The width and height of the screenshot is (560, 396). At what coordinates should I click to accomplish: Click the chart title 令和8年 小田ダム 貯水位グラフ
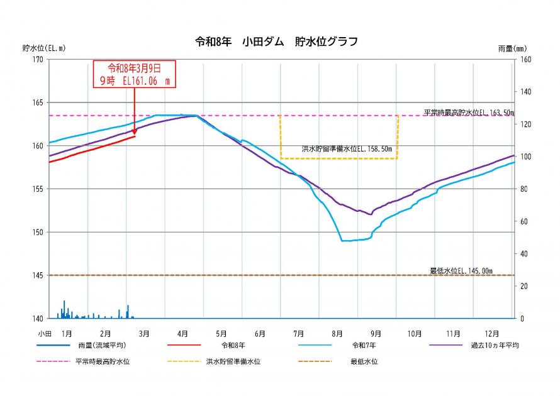click(x=277, y=42)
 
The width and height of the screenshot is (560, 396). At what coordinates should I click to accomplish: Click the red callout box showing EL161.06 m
click(x=134, y=74)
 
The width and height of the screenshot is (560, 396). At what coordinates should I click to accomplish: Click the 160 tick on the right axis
click(x=525, y=60)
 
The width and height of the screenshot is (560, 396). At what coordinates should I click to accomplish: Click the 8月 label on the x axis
click(x=337, y=333)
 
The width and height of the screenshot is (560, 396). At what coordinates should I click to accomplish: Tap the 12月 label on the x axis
click(x=492, y=333)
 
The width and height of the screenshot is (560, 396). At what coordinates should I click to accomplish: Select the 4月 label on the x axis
click(x=182, y=333)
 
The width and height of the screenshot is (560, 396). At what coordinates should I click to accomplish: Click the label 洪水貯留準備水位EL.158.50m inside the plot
click(x=347, y=150)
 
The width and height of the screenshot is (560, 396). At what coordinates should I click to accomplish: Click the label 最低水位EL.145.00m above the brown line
click(x=461, y=271)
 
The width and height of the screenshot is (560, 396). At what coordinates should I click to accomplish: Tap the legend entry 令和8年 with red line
click(x=233, y=345)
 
